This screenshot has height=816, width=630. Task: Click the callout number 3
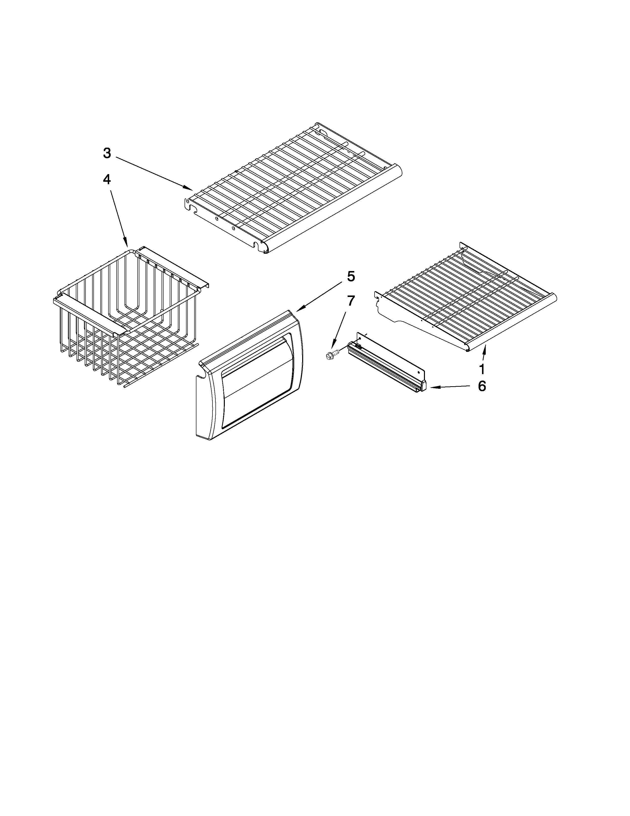[107, 153]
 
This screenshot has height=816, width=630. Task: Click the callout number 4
[107, 180]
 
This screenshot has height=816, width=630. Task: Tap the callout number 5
[351, 276]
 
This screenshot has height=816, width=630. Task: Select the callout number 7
[351, 301]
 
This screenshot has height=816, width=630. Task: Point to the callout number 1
[482, 369]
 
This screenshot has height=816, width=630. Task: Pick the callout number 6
[482, 386]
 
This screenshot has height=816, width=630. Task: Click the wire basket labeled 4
[127, 317]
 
